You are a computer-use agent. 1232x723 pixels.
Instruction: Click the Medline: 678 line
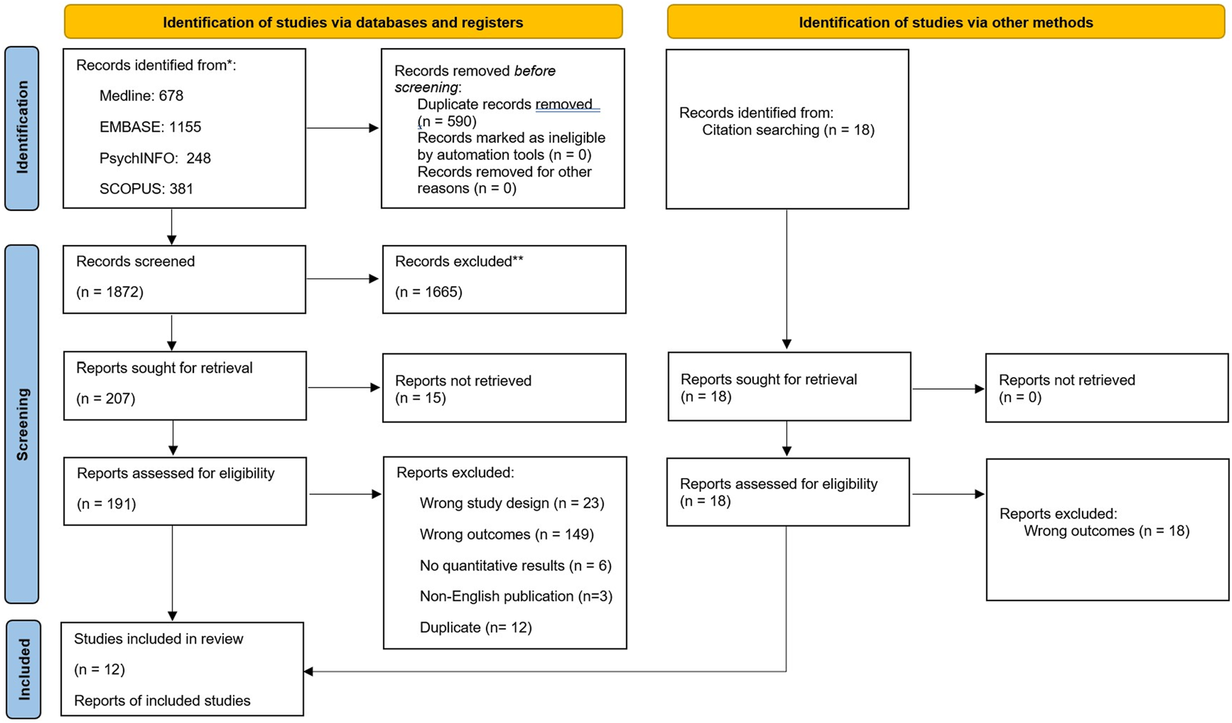coord(141,96)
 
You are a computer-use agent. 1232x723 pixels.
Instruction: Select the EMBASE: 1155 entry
coord(150,127)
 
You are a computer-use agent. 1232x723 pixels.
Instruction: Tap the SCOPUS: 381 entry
coord(146,189)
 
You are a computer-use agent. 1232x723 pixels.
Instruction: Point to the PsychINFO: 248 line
coord(155,158)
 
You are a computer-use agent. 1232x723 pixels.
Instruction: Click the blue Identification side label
coord(22,127)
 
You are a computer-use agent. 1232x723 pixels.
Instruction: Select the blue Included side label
coord(24,669)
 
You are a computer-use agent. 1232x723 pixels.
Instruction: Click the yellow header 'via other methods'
coord(946,22)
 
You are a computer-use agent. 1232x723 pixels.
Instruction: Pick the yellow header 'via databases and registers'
coord(343,22)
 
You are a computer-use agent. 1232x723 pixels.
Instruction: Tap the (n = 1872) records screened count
coord(110,292)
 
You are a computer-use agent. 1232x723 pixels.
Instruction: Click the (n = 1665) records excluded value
coord(428,292)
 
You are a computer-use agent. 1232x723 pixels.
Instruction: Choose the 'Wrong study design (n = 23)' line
coord(512,503)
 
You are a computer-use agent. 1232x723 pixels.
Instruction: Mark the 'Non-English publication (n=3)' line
coord(516,596)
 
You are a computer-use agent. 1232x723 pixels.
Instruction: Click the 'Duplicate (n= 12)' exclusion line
coord(476,628)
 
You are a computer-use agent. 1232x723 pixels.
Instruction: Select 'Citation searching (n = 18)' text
coord(788,130)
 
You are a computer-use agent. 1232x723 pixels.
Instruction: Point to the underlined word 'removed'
coord(564,104)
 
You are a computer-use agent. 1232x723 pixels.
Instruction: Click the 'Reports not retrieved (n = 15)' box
coord(504,388)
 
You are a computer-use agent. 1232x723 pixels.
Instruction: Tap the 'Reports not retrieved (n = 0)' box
coord(1106,388)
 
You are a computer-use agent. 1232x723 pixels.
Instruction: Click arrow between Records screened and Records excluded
coord(343,278)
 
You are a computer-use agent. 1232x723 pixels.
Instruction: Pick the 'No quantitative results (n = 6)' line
coord(515,566)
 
